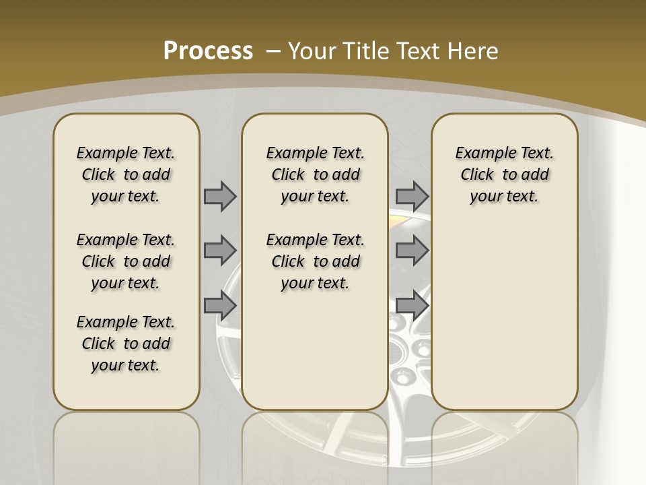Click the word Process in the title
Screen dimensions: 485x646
coord(208,51)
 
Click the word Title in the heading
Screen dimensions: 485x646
coord(366,51)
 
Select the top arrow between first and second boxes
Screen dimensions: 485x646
coord(220,196)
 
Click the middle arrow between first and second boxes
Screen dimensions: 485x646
coord(220,251)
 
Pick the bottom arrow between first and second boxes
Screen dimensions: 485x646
coord(220,305)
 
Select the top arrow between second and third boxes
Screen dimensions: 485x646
coord(412,196)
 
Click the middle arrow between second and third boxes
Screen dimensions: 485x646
coord(412,251)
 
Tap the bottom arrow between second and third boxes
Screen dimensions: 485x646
coord(412,305)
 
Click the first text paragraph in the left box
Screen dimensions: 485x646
coord(126,174)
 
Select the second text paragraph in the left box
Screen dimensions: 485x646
coord(126,261)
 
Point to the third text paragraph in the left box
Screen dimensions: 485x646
coord(126,344)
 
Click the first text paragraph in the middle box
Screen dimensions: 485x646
coord(315,174)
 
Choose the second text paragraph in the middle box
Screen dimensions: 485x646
coord(315,261)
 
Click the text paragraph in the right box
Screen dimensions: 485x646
coord(504,174)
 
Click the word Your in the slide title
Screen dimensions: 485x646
coord(314,51)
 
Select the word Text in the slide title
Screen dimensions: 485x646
coord(420,51)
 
